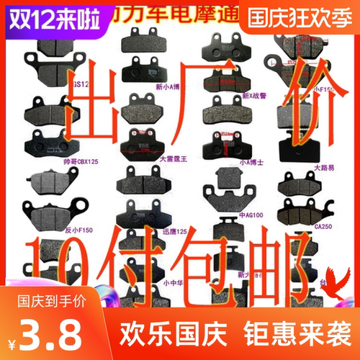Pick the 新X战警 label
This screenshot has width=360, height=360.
[255, 96]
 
